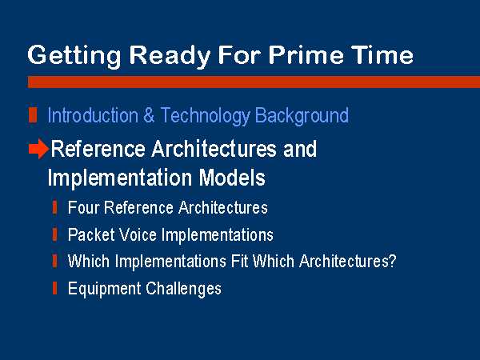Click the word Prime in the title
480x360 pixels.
tap(306, 54)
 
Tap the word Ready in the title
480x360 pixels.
tap(170, 57)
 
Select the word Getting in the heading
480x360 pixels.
tap(74, 57)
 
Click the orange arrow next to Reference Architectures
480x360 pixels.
tap(38, 149)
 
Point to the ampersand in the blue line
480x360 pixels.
tap(149, 115)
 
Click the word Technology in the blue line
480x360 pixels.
tap(205, 116)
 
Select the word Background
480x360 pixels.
tap(302, 116)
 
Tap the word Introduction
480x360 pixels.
tap(93, 115)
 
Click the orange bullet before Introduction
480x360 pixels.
tap(33, 115)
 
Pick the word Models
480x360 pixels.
tap(232, 178)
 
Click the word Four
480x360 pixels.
tap(82, 207)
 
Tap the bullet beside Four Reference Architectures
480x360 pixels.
tap(54, 207)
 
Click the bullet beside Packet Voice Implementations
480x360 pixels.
tap(54, 234)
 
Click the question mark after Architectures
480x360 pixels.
tap(392, 261)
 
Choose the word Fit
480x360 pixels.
tap(239, 261)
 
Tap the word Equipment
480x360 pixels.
tap(104, 290)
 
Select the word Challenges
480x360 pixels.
tap(183, 290)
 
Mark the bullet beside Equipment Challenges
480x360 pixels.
tap(54, 288)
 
